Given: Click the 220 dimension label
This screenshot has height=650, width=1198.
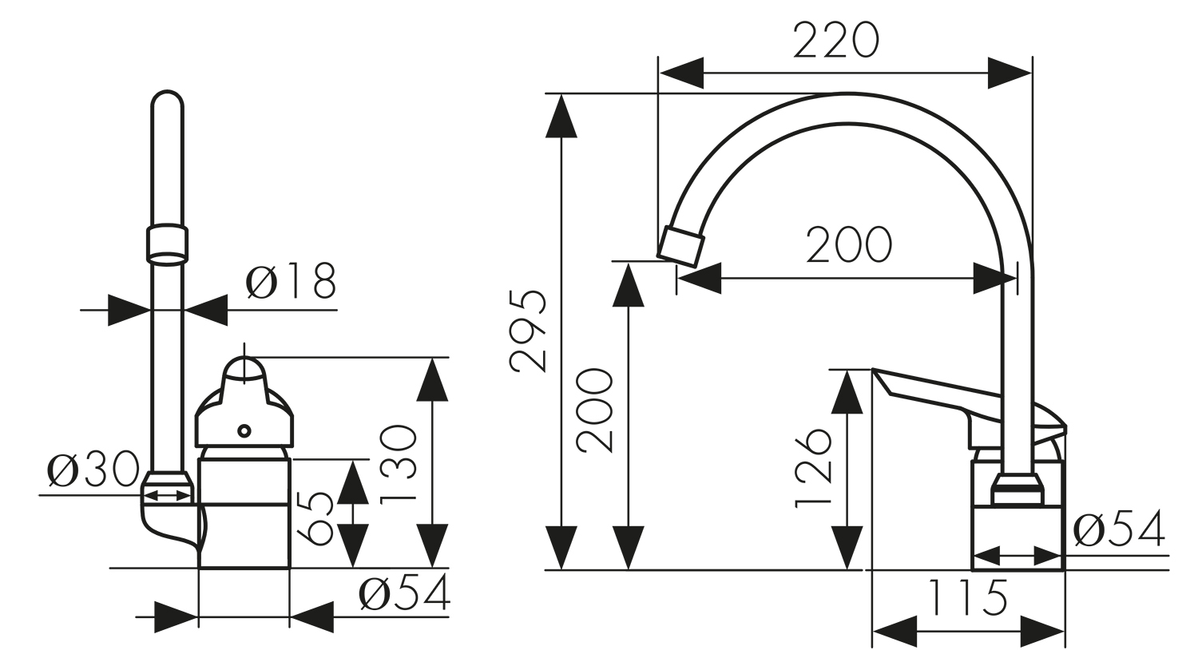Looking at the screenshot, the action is tap(836, 40).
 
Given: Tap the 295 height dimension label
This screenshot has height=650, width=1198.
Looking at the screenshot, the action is tap(529, 331).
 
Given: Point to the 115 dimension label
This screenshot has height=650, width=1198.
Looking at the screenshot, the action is tap(967, 596).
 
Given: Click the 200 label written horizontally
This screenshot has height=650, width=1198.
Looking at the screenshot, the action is tap(849, 245).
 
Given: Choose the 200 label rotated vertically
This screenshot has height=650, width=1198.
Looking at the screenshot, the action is tap(595, 410).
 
